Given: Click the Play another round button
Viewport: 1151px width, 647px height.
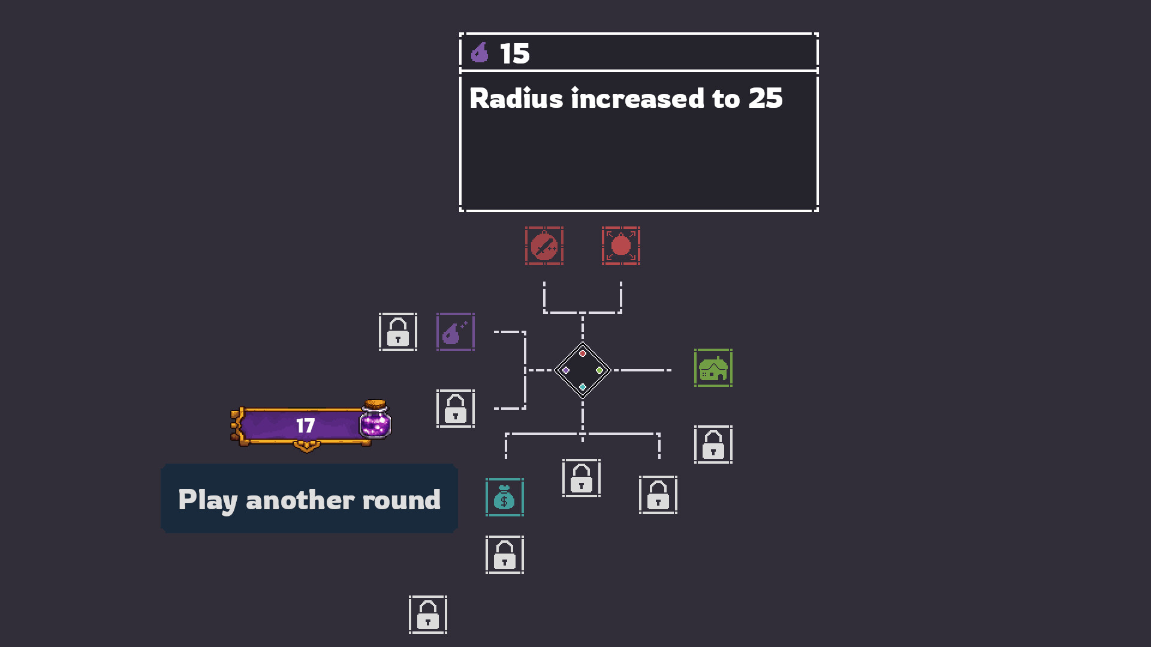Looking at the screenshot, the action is [x=309, y=498].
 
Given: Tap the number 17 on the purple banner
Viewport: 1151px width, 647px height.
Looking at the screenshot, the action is [x=305, y=426].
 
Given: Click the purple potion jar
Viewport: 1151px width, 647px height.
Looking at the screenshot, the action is [x=375, y=419].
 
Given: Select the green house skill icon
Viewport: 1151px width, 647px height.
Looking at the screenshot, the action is [x=713, y=368].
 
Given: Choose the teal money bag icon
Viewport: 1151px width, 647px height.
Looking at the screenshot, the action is [x=505, y=497].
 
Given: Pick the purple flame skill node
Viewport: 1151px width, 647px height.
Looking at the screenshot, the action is [x=456, y=332].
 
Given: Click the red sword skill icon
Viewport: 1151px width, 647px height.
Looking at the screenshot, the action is [x=544, y=246].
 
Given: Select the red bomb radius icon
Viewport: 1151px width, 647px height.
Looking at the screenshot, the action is [x=621, y=246].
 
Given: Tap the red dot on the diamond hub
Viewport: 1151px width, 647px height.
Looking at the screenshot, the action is [x=583, y=353].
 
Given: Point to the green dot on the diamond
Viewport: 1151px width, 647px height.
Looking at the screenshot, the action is [x=599, y=370].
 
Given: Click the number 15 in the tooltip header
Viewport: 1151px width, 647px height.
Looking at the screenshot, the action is [x=515, y=53].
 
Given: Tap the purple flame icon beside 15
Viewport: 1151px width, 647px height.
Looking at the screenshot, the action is [x=480, y=53].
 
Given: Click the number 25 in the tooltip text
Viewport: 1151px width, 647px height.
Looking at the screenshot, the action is [x=766, y=98].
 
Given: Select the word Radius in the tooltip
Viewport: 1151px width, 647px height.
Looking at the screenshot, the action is [x=516, y=98].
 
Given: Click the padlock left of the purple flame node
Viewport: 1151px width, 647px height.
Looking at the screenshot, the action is [x=398, y=332].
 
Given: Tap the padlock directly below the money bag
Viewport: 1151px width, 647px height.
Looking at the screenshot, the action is [x=505, y=555].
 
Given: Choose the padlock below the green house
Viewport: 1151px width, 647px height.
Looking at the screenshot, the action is [x=713, y=445].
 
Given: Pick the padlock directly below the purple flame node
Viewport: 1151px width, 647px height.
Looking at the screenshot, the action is [x=456, y=409].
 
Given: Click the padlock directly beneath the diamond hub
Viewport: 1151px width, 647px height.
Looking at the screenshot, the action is [x=581, y=478].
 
